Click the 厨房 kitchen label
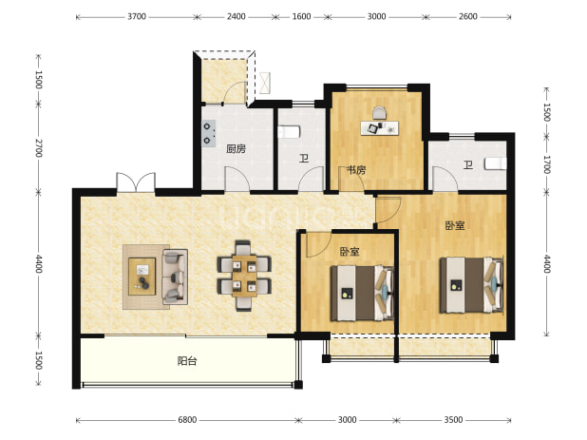coord(237,149)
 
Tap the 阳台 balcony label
coord(187,361)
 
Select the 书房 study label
coord(355,170)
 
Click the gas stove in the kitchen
coord(209,133)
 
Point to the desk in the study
coord(379,128)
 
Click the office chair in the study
coord(379,113)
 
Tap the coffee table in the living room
coord(142,277)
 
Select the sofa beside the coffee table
coord(175,277)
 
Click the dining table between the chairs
coord(244,276)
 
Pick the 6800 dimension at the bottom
coord(187,420)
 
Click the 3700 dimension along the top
coord(136,16)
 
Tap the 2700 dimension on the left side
coord(39,148)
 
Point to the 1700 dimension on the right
coord(546,164)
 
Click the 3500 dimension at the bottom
coord(453,420)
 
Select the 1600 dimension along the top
coord(301,16)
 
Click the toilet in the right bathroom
coord(496,163)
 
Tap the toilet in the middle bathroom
coord(289,132)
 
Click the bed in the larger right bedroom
coord(471,285)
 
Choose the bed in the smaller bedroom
coord(362,294)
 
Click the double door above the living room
coord(136,182)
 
